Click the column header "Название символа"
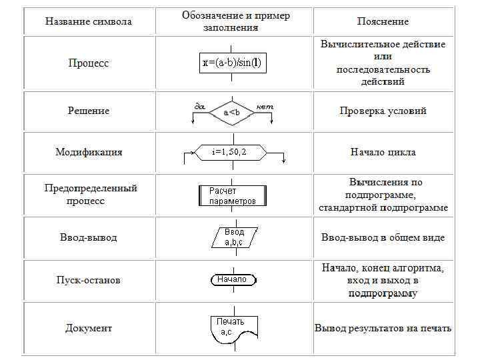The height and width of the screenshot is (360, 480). coord(88,21)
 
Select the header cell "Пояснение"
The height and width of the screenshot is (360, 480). coord(383,21)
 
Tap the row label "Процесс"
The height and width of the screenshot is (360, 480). coord(88,63)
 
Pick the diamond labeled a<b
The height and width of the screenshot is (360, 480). coord(232,113)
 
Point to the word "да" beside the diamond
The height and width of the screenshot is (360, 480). coord(199,106)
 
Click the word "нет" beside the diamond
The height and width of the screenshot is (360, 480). coord(265,106)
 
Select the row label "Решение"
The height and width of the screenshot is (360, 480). coord(88,111)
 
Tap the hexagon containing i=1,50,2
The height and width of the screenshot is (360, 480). coord(230,152)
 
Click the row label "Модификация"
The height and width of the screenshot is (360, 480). coord(89,152)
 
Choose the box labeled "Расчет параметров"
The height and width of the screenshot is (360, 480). coord(233,195)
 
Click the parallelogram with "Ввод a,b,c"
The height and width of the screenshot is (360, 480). coord(234,237)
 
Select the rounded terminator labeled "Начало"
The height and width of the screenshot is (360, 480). coord(232,279)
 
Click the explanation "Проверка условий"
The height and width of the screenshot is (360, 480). coord(383,111)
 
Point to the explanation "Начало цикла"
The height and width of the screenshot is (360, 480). coord(383,152)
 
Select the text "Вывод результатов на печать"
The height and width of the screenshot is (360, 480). coord(383,328)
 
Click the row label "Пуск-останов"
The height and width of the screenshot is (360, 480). coord(89,280)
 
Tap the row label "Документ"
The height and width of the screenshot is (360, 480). coord(89,328)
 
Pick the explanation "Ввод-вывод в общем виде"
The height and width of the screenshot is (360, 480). coord(383,237)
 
